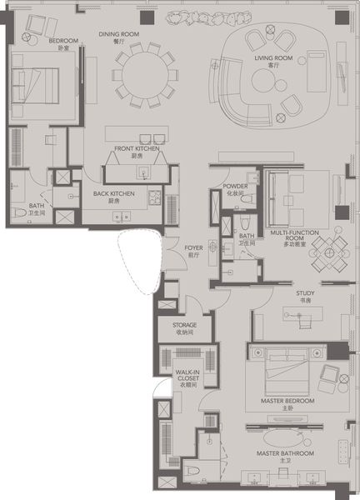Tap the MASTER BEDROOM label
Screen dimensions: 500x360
287,401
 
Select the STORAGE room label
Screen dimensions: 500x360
184,325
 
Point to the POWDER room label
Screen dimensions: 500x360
234,186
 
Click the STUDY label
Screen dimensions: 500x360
305,293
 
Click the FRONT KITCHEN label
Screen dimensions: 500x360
137,149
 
